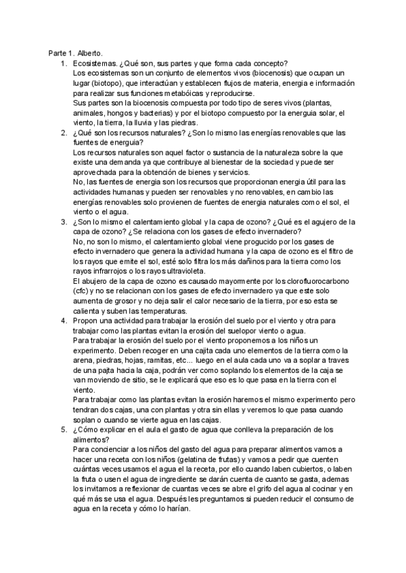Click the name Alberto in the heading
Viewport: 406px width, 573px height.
coord(89,53)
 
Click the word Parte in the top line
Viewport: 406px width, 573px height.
coord(58,53)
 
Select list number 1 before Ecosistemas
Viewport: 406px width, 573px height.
coord(64,63)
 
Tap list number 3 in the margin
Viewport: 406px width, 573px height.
coord(64,222)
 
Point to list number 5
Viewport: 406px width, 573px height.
coord(64,429)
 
